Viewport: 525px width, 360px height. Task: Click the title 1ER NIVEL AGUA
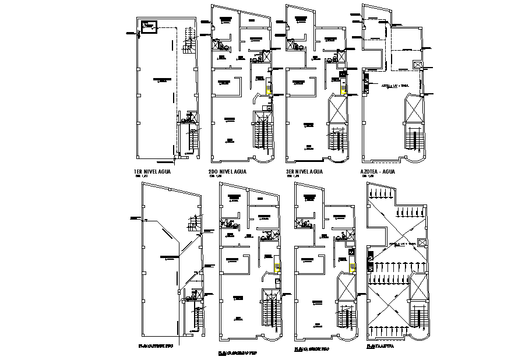(154, 171)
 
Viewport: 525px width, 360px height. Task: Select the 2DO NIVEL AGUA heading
(227, 171)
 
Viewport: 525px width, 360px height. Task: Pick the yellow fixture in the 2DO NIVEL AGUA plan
(268, 89)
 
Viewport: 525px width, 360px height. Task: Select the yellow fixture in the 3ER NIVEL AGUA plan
(344, 89)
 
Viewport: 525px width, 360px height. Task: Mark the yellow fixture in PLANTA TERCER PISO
(351, 266)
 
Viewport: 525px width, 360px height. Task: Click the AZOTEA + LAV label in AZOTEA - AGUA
(394, 85)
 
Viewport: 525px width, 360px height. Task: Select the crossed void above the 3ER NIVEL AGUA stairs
(338, 110)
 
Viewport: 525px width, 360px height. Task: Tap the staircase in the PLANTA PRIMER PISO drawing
(197, 317)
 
